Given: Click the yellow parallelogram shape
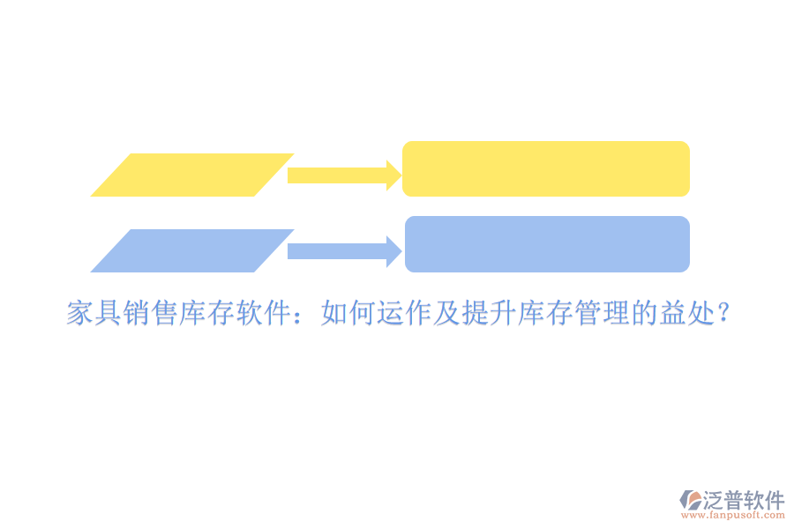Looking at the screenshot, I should [x=191, y=175].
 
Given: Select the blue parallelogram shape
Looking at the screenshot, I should [x=191, y=250].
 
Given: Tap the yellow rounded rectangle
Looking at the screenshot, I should [x=546, y=168].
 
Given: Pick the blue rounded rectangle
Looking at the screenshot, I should [x=547, y=244].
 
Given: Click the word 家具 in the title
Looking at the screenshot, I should [x=94, y=313].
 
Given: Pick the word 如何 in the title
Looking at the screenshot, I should [x=348, y=313].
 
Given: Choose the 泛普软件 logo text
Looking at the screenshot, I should [x=743, y=500].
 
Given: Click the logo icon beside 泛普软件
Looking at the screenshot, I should [x=690, y=501].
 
